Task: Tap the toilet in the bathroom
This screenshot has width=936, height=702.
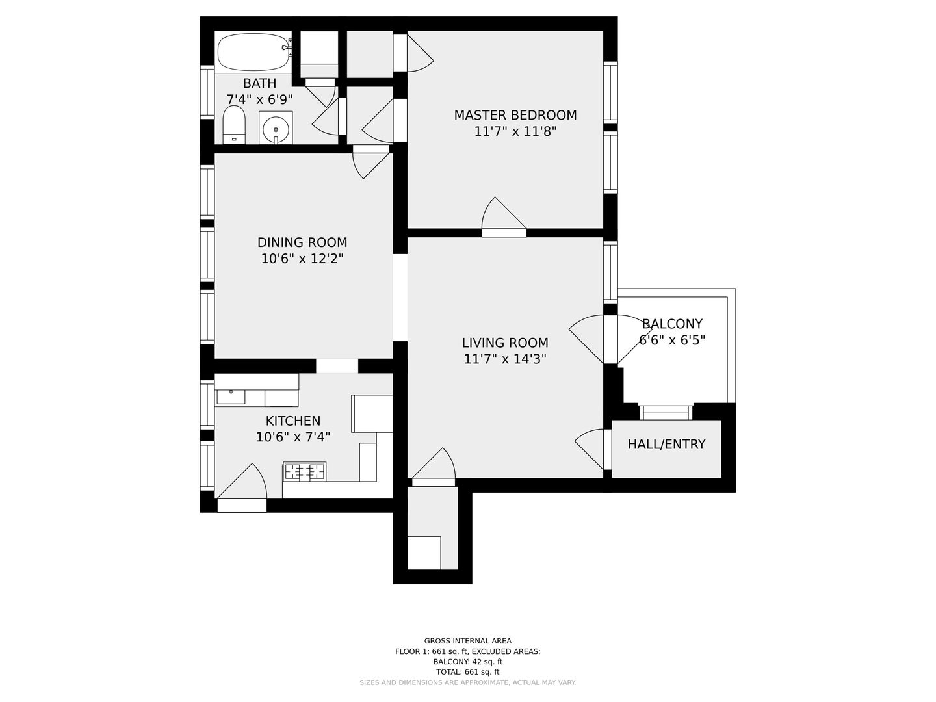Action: click(x=234, y=125)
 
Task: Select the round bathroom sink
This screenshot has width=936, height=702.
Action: click(x=276, y=128)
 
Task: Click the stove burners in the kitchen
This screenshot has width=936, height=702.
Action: click(x=304, y=472)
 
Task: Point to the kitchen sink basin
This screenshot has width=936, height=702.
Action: click(x=231, y=396)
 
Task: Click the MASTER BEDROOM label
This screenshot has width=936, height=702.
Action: click(x=515, y=115)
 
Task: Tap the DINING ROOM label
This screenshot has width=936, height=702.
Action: click(x=302, y=242)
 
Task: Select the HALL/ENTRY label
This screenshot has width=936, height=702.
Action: click(x=666, y=444)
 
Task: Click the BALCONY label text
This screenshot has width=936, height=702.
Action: click(x=672, y=324)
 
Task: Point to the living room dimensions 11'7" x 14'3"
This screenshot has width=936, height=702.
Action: click(x=505, y=359)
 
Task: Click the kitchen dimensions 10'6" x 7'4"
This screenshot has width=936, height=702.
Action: click(x=293, y=437)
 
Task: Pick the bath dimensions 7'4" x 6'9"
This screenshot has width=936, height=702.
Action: click(x=259, y=99)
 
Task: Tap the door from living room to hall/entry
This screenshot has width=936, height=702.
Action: click(x=593, y=449)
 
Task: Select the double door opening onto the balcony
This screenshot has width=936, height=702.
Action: click(x=610, y=339)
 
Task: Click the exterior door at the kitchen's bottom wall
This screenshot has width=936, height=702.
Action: click(x=242, y=487)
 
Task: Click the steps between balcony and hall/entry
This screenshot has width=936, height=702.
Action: click(x=666, y=413)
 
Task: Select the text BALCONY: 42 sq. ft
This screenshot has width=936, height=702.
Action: click(x=468, y=662)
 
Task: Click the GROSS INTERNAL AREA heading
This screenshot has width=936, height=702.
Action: click(x=468, y=641)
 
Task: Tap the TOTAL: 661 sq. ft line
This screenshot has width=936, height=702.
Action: click(x=468, y=672)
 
